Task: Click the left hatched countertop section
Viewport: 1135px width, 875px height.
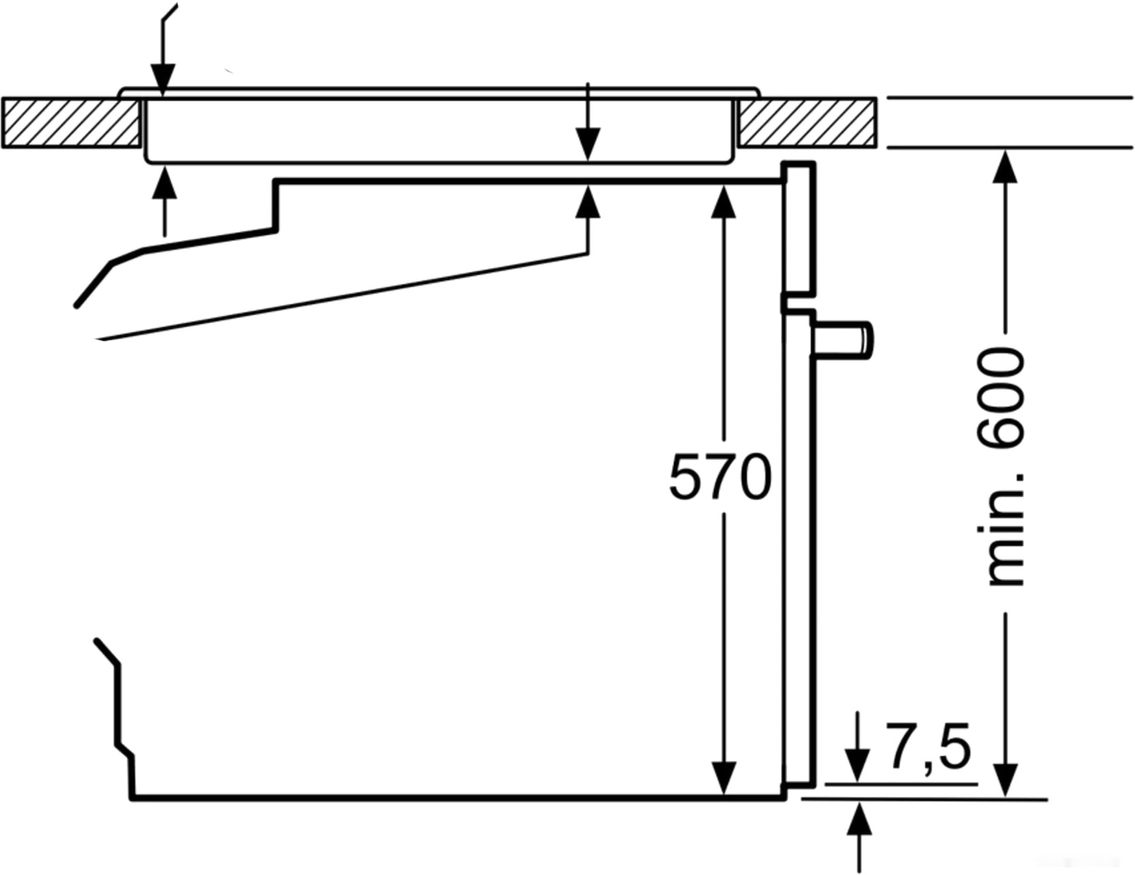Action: click(71, 122)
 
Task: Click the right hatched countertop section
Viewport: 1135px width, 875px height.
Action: click(807, 122)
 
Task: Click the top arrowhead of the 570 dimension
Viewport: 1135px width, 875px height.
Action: click(723, 201)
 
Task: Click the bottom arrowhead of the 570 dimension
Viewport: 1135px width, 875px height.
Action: click(723, 778)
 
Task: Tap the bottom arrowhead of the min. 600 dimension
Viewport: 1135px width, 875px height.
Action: click(1005, 780)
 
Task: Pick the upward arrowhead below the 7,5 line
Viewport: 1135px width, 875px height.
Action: click(861, 819)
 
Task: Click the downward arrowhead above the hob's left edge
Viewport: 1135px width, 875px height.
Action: click(163, 81)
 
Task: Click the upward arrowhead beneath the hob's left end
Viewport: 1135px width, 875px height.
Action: click(164, 184)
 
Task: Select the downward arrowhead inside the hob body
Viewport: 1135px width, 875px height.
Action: click(588, 145)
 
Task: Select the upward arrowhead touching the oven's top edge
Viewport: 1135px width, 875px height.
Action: click(588, 201)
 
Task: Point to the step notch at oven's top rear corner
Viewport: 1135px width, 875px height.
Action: click(276, 205)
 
